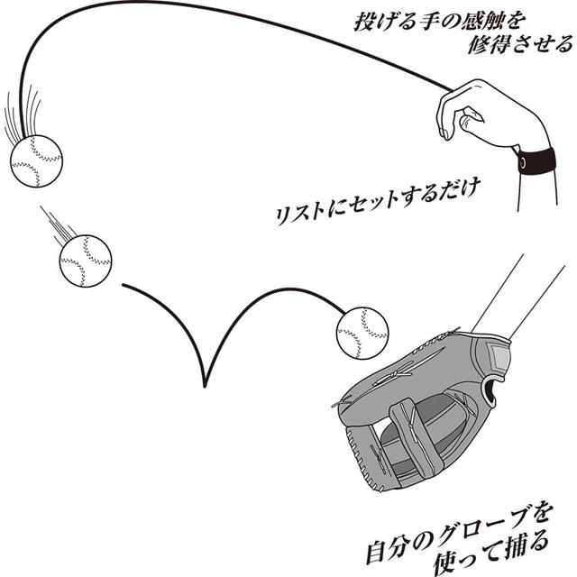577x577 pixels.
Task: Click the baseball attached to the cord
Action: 36,161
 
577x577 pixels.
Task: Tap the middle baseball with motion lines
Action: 86,261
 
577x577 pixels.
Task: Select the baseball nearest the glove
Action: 362,333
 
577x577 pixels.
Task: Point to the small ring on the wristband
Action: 523,162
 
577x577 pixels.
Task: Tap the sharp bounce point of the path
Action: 205,386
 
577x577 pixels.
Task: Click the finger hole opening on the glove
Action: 491,390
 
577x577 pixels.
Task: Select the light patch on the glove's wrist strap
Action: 499,356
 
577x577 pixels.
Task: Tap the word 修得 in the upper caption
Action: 489,44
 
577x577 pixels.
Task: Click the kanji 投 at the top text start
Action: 364,22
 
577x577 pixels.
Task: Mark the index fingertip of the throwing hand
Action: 444,135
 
